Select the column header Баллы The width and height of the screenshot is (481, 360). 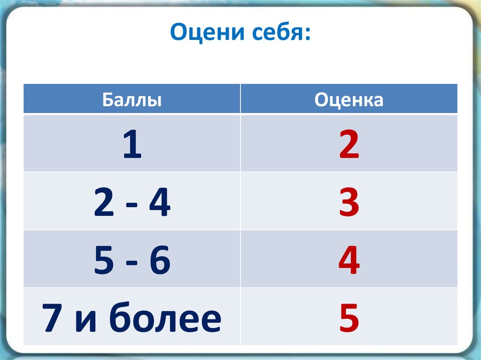pyautogui.click(x=132, y=100)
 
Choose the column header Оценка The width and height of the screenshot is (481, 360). pyautogui.click(x=349, y=100)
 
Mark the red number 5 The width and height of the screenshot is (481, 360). pyautogui.click(x=349, y=318)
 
